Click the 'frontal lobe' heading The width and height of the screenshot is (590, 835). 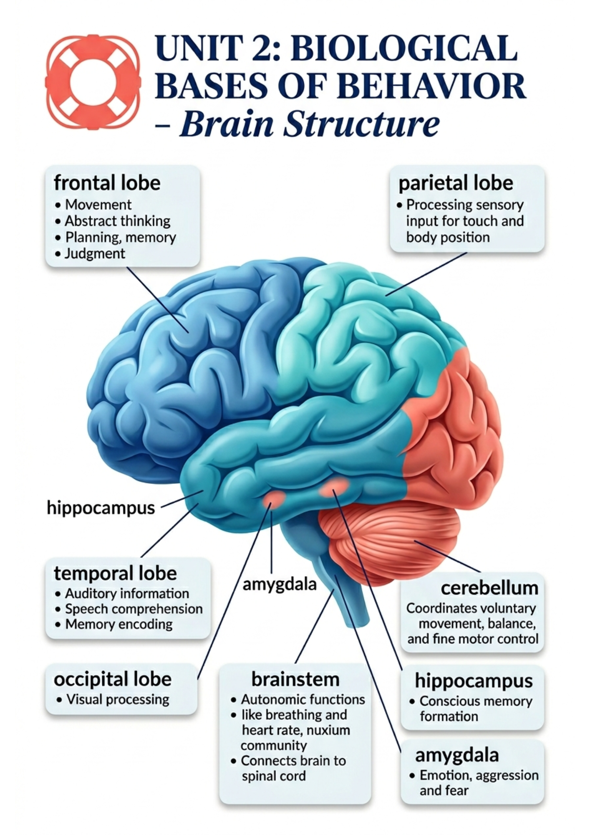[x=107, y=183]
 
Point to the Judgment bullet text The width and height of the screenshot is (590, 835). [x=95, y=253]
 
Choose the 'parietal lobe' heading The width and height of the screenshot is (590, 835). [x=455, y=183]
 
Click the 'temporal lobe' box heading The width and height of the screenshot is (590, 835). [x=115, y=573]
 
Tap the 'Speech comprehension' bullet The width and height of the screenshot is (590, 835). [x=134, y=609]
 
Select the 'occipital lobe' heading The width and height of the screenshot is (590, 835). [x=113, y=679]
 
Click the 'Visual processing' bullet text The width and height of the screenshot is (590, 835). [x=118, y=699]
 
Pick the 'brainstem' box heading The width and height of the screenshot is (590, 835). [x=295, y=679]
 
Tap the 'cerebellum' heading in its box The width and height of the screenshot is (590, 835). [x=489, y=588]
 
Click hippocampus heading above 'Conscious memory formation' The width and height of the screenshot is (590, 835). [x=474, y=681]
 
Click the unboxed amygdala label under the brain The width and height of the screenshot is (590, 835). [x=280, y=584]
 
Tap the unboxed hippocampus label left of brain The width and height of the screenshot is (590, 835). [x=101, y=508]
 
